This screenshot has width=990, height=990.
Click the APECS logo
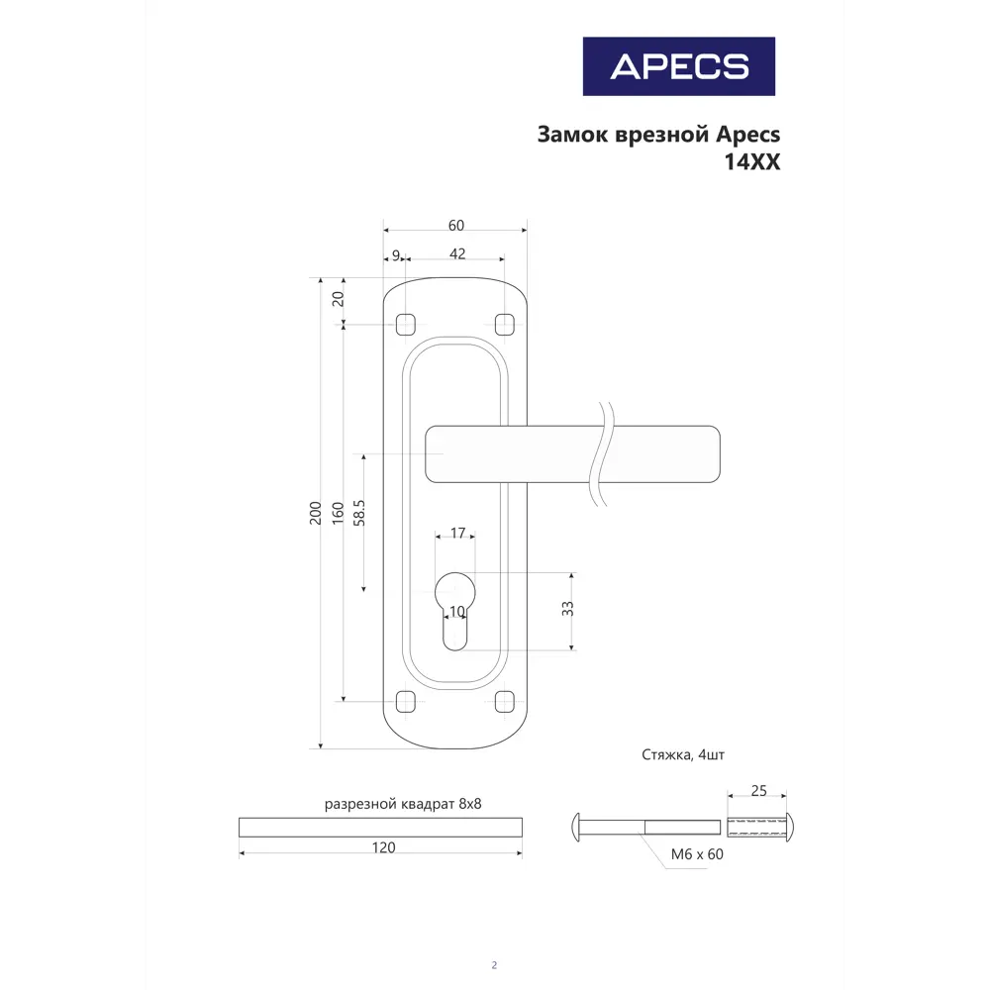(x=678, y=66)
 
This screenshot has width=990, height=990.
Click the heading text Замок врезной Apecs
(x=658, y=134)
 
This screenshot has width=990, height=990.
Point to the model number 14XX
(x=753, y=163)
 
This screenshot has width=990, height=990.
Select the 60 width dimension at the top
(x=455, y=226)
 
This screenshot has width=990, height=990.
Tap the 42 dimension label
(x=457, y=254)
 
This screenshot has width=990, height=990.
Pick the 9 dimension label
(x=396, y=255)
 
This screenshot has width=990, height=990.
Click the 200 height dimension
(x=315, y=513)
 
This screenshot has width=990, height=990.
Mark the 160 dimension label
(x=339, y=513)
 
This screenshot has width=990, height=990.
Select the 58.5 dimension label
(x=359, y=513)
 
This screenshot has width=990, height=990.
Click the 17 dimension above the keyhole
(x=457, y=534)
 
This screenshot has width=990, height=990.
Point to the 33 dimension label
(x=567, y=609)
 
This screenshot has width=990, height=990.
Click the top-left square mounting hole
(x=404, y=324)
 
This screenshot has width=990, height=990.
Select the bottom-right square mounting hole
(x=504, y=702)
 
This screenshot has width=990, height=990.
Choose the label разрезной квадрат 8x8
(x=403, y=804)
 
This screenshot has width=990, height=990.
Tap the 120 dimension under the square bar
(x=383, y=847)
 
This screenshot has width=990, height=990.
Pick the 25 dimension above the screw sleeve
(x=757, y=791)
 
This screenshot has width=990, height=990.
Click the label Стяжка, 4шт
(x=683, y=755)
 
